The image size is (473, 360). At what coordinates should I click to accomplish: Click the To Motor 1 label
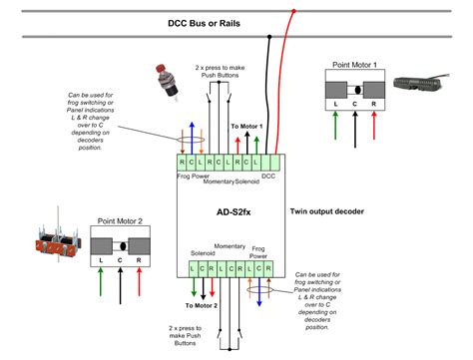pyautogui.click(x=245, y=127)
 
